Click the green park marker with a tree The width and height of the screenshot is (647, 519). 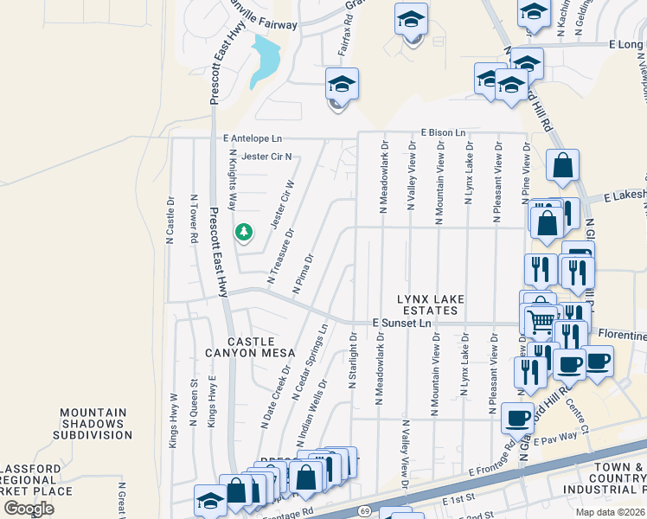244,232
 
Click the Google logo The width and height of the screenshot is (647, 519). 29,509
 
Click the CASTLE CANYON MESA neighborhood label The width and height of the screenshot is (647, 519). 250,347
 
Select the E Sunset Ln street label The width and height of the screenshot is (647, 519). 401,323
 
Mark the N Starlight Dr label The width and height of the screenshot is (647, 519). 353,361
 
